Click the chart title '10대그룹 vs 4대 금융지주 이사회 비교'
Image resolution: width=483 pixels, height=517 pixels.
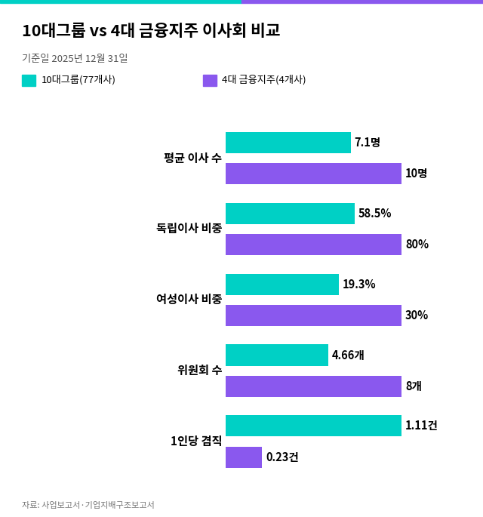tap(151, 30)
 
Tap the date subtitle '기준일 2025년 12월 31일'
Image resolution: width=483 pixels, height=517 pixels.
tap(75, 58)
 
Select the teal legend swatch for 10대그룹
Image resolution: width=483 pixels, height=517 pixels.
tap(29, 81)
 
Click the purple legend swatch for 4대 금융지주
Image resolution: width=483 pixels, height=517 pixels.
tap(210, 81)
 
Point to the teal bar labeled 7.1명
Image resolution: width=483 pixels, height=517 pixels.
tap(288, 143)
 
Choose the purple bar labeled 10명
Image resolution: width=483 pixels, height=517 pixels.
tap(313, 174)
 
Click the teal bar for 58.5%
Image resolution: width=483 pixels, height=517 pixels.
tap(290, 214)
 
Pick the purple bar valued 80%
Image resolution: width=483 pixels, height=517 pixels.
tap(313, 245)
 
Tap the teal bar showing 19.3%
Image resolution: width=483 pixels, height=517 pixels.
tap(282, 285)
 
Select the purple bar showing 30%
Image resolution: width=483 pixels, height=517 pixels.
tap(313, 315)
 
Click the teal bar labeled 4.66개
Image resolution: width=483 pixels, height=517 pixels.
tap(277, 355)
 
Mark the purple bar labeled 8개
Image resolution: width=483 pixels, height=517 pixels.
tap(313, 386)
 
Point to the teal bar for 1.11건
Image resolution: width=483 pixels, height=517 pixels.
tap(313, 426)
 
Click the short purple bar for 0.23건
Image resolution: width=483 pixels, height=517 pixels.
tap(244, 457)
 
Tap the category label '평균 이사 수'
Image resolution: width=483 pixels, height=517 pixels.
tap(193, 158)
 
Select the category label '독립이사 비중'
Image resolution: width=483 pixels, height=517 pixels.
tap(189, 228)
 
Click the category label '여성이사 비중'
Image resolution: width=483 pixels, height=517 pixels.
tap(189, 299)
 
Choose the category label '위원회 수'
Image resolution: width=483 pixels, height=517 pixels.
tap(200, 370)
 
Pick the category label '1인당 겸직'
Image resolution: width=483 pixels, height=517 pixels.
tap(196, 441)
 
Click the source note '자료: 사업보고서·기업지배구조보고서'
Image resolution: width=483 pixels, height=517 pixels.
tap(88, 505)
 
